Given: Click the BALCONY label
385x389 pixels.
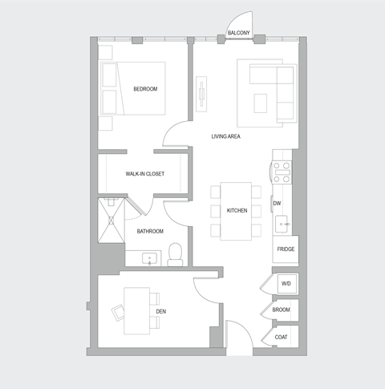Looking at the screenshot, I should pyautogui.click(x=238, y=33).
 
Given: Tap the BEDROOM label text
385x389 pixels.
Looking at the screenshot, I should pyautogui.click(x=145, y=88).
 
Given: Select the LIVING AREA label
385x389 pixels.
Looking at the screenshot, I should pyautogui.click(x=226, y=136).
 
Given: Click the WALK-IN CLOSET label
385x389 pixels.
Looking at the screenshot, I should pyautogui.click(x=144, y=173).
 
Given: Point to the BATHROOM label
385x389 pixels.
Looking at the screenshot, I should pyautogui.click(x=150, y=231).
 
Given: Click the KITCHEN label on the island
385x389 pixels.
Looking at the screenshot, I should pyautogui.click(x=237, y=210).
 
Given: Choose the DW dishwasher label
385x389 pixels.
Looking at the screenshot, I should pyautogui.click(x=278, y=204).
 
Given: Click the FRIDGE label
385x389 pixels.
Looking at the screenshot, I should pyautogui.click(x=286, y=249).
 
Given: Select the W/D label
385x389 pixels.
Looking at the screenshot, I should pyautogui.click(x=286, y=284).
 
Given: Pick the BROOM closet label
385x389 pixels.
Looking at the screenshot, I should pyautogui.click(x=282, y=310).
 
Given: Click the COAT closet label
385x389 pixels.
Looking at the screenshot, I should pyautogui.click(x=282, y=337).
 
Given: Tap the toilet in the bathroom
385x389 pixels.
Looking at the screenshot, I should pyautogui.click(x=176, y=256).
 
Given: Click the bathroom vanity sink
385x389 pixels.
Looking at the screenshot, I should pyautogui.click(x=149, y=258).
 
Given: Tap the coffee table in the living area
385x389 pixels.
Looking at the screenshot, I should pyautogui.click(x=261, y=103).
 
